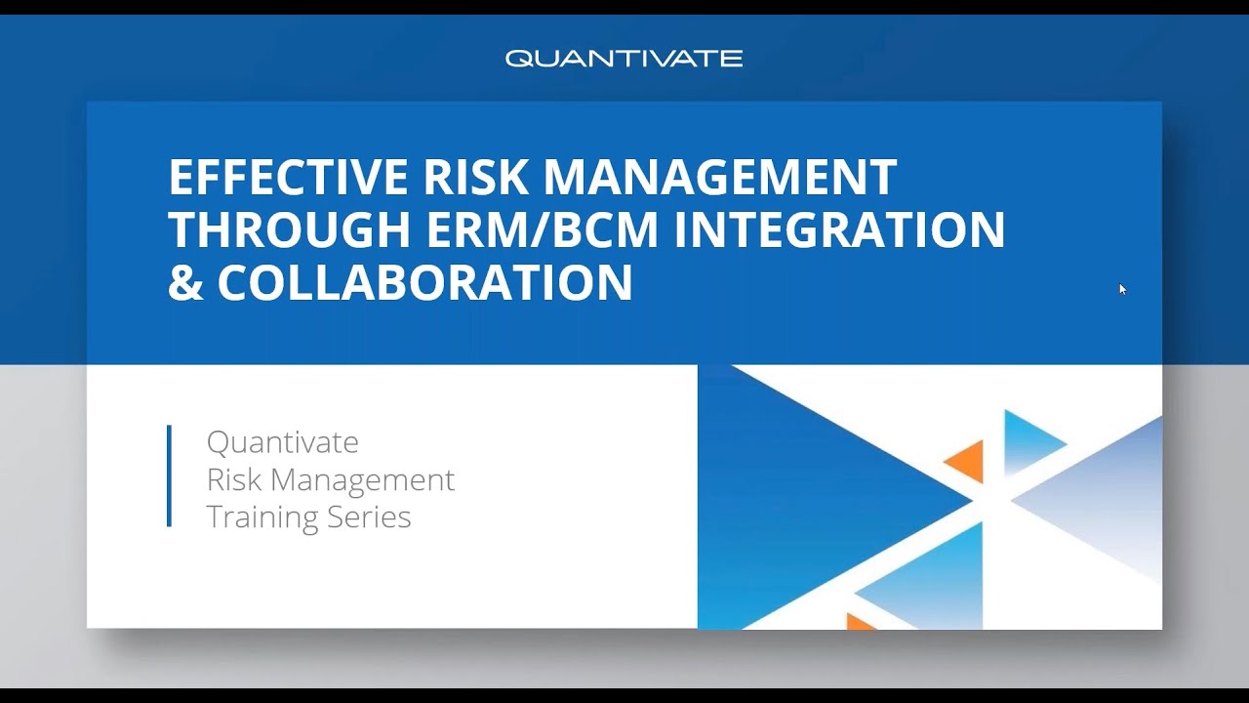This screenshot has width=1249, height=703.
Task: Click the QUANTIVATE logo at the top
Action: click(624, 59)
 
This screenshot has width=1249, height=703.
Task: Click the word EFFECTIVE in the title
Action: click(289, 178)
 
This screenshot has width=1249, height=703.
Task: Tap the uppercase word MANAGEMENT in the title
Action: click(719, 178)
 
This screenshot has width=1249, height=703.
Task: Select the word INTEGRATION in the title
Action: click(840, 230)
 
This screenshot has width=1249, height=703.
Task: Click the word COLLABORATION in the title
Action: click(424, 283)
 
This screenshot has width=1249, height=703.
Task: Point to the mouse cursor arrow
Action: click(1122, 288)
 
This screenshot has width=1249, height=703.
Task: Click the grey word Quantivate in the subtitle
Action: click(282, 442)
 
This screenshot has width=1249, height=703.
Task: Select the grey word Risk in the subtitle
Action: click(233, 479)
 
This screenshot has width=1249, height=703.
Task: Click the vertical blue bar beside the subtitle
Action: click(170, 476)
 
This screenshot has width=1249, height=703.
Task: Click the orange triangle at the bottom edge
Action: click(858, 622)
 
